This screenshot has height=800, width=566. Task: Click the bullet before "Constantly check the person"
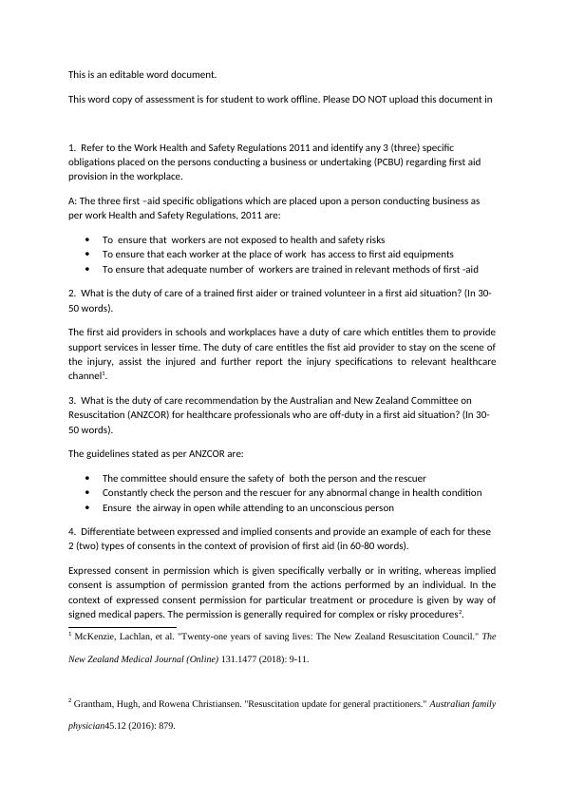87,492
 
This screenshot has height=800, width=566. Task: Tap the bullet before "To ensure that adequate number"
87,269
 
